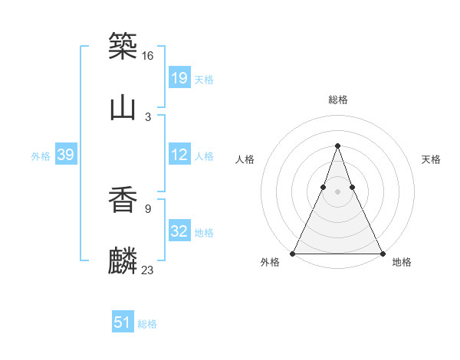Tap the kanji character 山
[x=123, y=108]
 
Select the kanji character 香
[x=123, y=200]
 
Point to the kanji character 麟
[x=123, y=261]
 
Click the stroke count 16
[x=148, y=56]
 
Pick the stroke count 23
[x=148, y=270]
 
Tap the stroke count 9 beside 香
[x=147, y=208]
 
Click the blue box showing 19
[x=179, y=77]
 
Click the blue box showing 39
[x=66, y=155]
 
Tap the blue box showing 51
[x=123, y=322]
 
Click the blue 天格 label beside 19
[x=204, y=79]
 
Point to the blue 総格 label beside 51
[x=147, y=324]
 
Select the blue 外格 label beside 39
[x=41, y=156]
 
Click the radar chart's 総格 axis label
[x=338, y=100]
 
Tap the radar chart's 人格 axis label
[x=245, y=159]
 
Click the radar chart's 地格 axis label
[x=402, y=263]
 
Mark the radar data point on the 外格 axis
[x=293, y=253]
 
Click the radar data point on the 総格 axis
[x=337, y=146]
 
